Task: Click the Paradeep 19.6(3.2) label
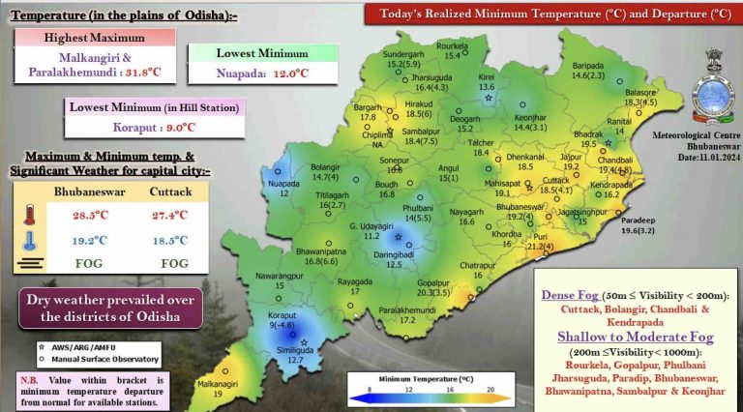(640, 225)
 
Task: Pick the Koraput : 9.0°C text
(153, 125)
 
